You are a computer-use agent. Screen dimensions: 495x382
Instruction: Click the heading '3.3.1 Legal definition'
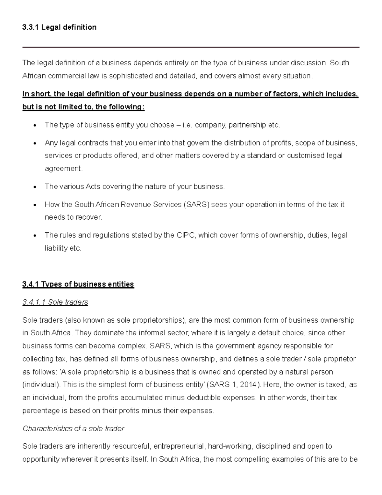pos(59,27)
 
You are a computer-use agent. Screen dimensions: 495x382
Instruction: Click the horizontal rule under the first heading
pos(191,47)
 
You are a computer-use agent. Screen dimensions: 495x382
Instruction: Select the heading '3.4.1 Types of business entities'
pos(78,284)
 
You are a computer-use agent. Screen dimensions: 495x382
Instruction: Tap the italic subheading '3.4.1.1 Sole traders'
pos(55,302)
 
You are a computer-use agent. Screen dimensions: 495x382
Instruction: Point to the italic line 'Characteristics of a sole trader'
pos(73,429)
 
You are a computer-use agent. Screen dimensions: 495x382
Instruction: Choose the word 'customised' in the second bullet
pos(306,156)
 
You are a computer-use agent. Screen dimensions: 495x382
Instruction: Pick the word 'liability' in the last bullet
pos(56,248)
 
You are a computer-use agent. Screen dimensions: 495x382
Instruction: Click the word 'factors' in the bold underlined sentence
pos(286,94)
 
